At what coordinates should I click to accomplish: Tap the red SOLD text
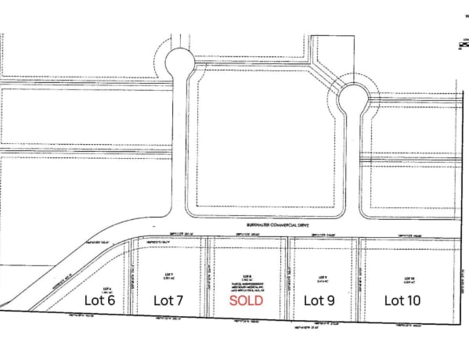pos(246,300)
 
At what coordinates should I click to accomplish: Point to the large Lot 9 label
pos(319,300)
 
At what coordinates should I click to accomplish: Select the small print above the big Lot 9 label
pos(320,278)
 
